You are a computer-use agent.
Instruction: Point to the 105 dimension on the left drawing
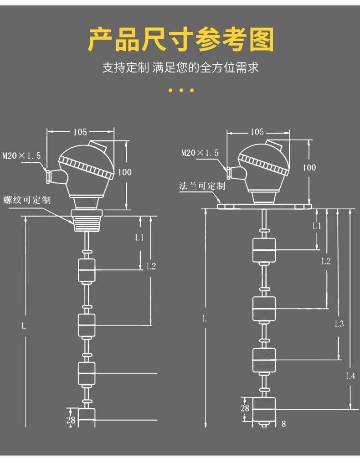pyautogui.click(x=80, y=132)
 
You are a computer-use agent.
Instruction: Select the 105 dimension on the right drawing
pyautogui.click(x=257, y=132)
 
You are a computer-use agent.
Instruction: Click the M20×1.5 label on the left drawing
pyautogui.click(x=21, y=155)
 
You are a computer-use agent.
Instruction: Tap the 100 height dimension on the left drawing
pyautogui.click(x=124, y=172)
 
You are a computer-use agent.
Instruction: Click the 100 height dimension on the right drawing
pyautogui.click(x=309, y=167)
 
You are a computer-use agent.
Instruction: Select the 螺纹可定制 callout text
pyautogui.click(x=27, y=200)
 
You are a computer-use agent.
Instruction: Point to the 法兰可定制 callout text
pyautogui.click(x=202, y=186)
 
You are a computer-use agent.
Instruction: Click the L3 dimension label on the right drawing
pyautogui.click(x=339, y=324)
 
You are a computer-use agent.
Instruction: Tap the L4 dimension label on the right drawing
pyautogui.click(x=350, y=376)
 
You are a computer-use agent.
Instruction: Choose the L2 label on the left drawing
pyautogui.click(x=151, y=266)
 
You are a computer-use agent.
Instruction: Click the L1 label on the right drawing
pyautogui.click(x=317, y=225)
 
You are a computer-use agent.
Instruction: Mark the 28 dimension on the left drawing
pyautogui.click(x=70, y=420)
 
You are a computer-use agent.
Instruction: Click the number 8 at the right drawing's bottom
pyautogui.click(x=284, y=424)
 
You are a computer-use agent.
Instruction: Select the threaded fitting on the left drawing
pyautogui.click(x=87, y=221)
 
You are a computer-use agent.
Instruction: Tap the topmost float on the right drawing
pyautogui.click(x=264, y=250)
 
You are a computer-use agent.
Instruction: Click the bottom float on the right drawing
pyautogui.click(x=264, y=409)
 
